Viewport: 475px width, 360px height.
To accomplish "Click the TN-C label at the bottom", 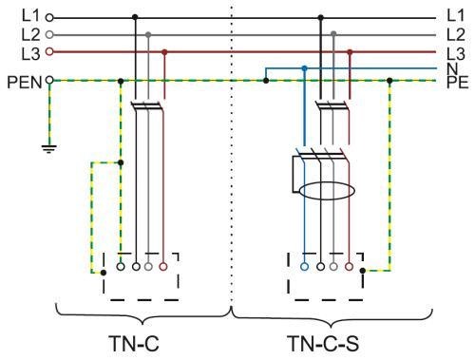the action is coord(133,344).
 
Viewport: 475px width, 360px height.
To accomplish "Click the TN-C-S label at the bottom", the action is coord(323,344).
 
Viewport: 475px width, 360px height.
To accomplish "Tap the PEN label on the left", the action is coord(25,83).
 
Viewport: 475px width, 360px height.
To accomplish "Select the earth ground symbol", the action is coord(49,149).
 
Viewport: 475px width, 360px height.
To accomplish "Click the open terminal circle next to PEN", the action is coord(49,80).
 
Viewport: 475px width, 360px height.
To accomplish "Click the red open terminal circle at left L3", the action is coord(49,51).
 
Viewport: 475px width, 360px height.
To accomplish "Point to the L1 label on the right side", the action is coord(455,15).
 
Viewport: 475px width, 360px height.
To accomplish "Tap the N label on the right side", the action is coord(452,68).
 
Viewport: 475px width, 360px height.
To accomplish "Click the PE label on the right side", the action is coord(457,83).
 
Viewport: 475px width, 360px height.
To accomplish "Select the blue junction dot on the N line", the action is coord(305,68).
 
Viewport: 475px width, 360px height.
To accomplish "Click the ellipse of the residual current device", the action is coord(327,191).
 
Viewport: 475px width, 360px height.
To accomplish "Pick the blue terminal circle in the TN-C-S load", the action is coord(305,267).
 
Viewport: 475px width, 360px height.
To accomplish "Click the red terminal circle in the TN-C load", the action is coord(163,267).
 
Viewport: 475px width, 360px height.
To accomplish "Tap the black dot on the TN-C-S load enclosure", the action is coord(363,271).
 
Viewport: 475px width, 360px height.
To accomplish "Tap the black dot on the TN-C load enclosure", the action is coord(104,273).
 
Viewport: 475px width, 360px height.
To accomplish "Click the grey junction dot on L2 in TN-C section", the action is coord(148,34).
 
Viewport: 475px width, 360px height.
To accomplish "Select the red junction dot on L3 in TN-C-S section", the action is coord(350,51).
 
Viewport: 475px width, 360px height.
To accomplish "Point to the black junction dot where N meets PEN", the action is coord(266,81).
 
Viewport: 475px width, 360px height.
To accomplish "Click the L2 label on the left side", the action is coord(30,35).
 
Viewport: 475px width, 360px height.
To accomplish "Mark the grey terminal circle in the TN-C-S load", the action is coord(333,267).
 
